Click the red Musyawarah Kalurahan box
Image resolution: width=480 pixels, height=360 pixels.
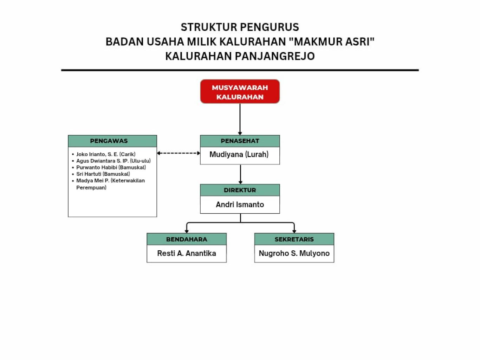pos(240,91)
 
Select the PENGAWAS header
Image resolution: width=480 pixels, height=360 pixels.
pos(112,141)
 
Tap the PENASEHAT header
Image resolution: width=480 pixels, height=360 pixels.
pos(240,141)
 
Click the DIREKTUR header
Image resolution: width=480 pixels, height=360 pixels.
pos(240,190)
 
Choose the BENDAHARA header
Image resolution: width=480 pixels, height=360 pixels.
pos(187,239)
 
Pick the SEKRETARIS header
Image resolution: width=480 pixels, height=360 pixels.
pos(294,239)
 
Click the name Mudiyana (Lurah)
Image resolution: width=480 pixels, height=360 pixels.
pos(239,154)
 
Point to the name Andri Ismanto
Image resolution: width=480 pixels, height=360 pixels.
pos(240,205)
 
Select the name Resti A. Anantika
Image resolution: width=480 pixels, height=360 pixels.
pos(187,253)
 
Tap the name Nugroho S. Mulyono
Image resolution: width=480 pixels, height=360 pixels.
pos(294,253)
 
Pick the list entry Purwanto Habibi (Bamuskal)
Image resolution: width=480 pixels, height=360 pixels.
pos(111,167)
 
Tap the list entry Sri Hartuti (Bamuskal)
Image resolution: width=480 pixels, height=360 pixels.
pos(103,174)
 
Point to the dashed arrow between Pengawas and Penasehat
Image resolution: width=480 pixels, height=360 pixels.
pos(179,153)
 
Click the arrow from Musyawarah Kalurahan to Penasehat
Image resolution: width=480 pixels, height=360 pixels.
pos(240,119)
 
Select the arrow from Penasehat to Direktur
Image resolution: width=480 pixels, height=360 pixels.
pos(240,174)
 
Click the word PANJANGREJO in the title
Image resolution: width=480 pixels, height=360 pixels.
pos(275,56)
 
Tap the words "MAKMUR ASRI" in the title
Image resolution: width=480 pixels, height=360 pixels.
pos(331,41)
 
